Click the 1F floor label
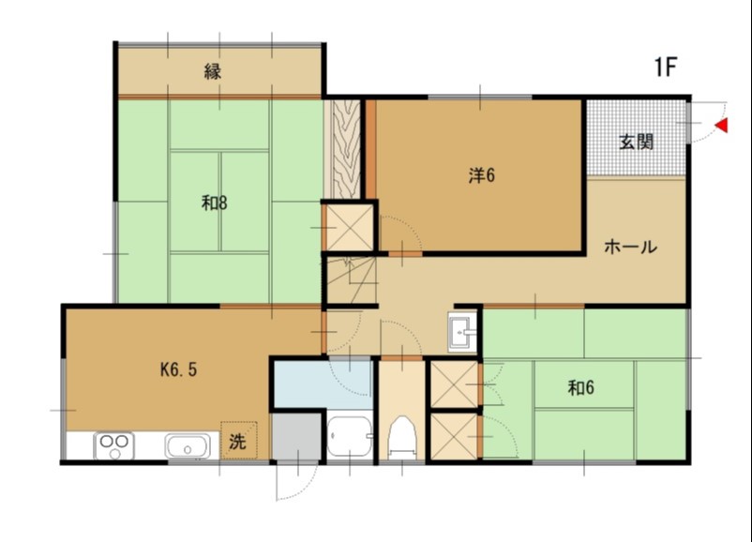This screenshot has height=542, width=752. pos(666,67)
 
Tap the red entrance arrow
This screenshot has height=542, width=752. pos(721,126)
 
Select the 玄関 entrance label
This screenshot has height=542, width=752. pos(637,142)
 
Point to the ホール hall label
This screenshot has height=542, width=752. pos(630,247)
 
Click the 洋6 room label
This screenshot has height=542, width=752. pos(482,175)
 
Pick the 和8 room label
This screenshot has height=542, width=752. pos(215,203)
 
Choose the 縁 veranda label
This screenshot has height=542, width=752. pos(213,72)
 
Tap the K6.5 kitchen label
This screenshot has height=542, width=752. pos(178,369)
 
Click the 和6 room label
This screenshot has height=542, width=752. pos(580,387)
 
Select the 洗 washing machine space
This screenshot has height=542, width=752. pos(238,441)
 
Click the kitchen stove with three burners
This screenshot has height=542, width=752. pos(114,445)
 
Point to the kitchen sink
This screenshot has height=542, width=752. pos(188,445)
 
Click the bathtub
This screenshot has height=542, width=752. pos(350,436)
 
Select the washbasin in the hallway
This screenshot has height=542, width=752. pos(462,331)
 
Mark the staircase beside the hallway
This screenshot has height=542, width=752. pos(351,280)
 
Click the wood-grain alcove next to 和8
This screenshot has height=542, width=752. pos(342,149)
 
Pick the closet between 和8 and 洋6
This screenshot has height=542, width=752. pos(350,227)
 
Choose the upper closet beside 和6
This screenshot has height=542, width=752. pos(455,384)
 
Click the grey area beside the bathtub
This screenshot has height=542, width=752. pos(296,436)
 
